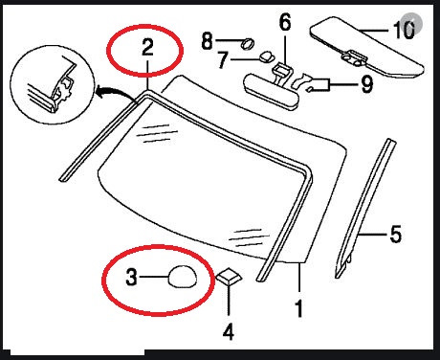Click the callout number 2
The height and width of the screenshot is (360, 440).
[147, 48]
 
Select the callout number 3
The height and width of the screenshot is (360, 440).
[131, 277]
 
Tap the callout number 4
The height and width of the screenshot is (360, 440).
[229, 331]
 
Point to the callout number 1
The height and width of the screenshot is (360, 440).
[298, 308]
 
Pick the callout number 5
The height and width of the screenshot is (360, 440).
[396, 234]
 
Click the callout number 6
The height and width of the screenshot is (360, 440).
[285, 22]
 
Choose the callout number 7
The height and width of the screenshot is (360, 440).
[223, 60]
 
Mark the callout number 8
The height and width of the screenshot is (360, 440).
[208, 41]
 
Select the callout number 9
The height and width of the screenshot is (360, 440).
[366, 84]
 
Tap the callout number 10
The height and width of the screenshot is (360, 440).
[405, 31]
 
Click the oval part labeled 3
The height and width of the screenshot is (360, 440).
[183, 277]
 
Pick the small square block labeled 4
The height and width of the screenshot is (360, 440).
[229, 276]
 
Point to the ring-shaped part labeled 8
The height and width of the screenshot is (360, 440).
[249, 43]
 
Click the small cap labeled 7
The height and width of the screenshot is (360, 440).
[266, 57]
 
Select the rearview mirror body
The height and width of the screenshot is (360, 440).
[272, 92]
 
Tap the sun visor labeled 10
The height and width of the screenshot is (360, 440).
[366, 48]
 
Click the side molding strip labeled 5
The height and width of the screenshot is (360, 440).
[365, 208]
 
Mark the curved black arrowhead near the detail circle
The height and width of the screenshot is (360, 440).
[99, 93]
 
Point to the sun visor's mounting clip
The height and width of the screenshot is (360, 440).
[355, 57]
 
